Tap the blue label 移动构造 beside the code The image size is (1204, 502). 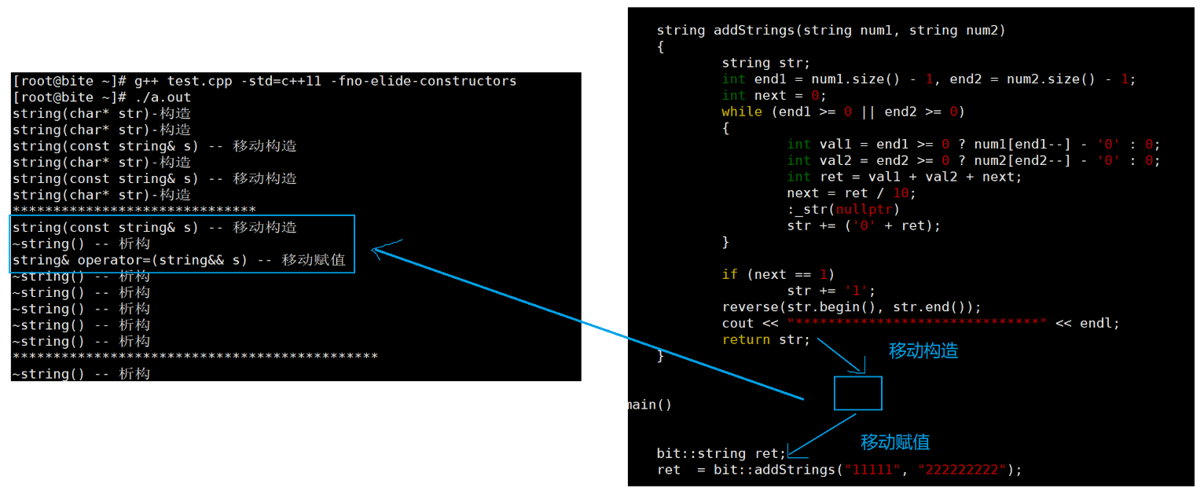pos(923,351)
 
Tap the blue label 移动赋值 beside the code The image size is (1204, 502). pos(895,442)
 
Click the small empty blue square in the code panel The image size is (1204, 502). pos(857,393)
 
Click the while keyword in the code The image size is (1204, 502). pos(741,112)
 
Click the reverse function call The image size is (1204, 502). pos(750,307)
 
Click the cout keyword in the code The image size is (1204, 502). pos(737,324)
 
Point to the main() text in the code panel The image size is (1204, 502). pos(650,405)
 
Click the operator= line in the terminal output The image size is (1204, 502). pos(178,260)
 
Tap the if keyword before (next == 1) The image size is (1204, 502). pos(729,275)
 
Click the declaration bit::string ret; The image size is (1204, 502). pos(721,453)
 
